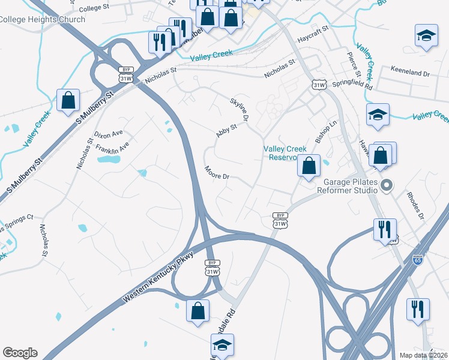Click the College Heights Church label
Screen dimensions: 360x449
[x=42, y=19]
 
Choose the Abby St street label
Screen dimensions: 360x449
[x=228, y=131]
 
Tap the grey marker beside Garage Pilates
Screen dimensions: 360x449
[x=387, y=185]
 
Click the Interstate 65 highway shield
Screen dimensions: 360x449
[x=418, y=260]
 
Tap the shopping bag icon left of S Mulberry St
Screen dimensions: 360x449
[x=68, y=100]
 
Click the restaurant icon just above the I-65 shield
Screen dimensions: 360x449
[x=385, y=229]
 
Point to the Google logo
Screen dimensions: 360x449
[x=20, y=353]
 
